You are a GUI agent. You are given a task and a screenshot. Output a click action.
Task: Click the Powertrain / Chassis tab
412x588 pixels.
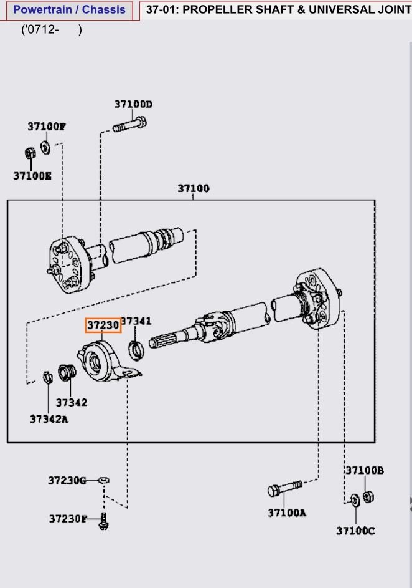point(69,10)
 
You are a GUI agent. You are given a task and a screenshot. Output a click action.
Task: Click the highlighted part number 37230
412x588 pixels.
point(103,325)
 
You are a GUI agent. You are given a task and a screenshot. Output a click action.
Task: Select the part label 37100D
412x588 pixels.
point(133,104)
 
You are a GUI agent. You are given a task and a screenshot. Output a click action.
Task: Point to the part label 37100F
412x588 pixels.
point(46,126)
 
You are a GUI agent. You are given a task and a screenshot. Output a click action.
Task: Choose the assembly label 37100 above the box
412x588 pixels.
point(193,188)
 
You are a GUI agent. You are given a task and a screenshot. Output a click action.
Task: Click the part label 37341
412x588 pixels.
point(136,321)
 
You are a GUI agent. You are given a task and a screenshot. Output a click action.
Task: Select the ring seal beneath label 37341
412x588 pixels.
point(136,348)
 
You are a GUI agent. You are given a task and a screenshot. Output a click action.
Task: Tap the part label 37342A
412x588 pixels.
point(49,418)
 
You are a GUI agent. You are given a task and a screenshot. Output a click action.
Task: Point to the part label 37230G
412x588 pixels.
point(67,480)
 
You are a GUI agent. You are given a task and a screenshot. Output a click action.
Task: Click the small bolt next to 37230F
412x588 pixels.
point(103,520)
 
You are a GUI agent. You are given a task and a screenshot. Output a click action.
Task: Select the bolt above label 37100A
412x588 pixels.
point(284,489)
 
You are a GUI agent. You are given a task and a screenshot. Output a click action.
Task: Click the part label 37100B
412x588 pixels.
point(364,470)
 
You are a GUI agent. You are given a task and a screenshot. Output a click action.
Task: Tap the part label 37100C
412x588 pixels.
point(355,530)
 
